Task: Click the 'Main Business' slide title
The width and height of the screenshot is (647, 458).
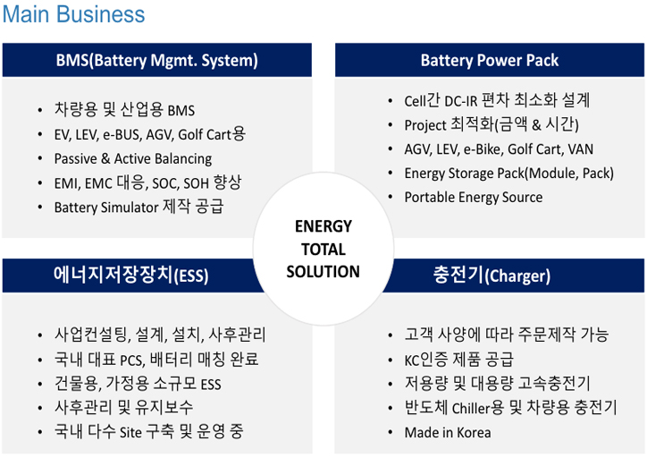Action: pyautogui.click(x=74, y=14)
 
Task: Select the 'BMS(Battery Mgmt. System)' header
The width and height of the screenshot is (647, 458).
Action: pyautogui.click(x=156, y=60)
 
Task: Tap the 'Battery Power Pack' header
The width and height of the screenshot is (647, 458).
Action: pyautogui.click(x=490, y=60)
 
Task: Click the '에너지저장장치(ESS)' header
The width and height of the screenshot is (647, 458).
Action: pyautogui.click(x=130, y=275)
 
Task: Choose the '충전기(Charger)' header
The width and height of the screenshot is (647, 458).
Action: pyautogui.click(x=492, y=275)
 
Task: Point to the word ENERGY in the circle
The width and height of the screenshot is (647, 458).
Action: pyautogui.click(x=323, y=226)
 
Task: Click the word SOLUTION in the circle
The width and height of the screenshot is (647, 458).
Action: pyautogui.click(x=323, y=272)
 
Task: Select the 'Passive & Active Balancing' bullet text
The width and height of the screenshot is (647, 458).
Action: pyautogui.click(x=133, y=158)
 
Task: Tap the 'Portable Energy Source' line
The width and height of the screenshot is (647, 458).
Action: pyautogui.click(x=474, y=198)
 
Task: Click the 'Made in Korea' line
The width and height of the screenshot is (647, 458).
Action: pyautogui.click(x=448, y=432)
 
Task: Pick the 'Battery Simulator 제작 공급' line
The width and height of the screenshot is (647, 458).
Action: pyautogui.click(x=139, y=207)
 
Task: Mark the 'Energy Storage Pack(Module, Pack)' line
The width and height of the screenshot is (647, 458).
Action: pyautogui.click(x=508, y=174)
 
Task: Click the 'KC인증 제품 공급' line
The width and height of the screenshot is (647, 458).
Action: pyautogui.click(x=458, y=360)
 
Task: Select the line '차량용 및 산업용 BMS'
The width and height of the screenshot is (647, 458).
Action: pyautogui.click(x=124, y=110)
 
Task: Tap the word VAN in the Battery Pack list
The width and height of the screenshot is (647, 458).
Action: pyautogui.click(x=581, y=149)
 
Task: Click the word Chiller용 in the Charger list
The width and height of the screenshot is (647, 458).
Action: pyautogui.click(x=478, y=408)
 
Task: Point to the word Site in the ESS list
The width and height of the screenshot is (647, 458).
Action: pyautogui.click(x=130, y=432)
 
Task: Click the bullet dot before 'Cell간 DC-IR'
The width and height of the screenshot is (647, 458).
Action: pyautogui.click(x=390, y=101)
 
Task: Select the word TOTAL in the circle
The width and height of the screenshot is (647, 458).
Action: pyautogui.click(x=323, y=250)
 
